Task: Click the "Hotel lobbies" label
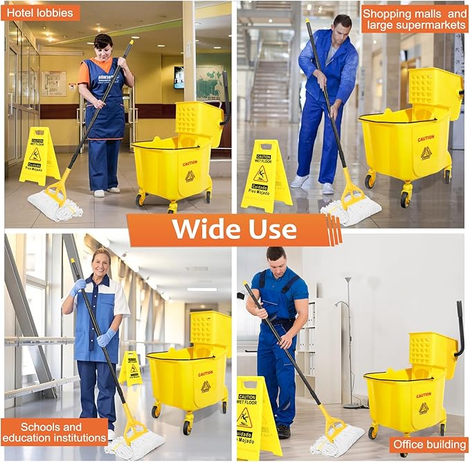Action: pos(42,12)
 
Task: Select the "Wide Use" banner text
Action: pos(234,229)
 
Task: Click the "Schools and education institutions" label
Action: pos(54,432)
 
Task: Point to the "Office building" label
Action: pos(428,444)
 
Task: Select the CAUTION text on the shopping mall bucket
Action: pos(426,139)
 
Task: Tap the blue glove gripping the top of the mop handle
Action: pos(78,286)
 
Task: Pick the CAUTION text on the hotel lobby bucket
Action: pos(190,163)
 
